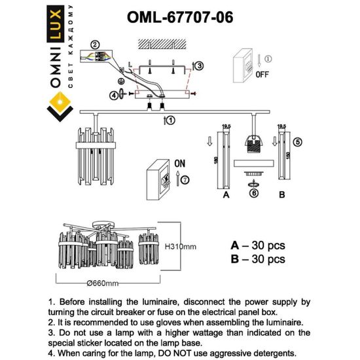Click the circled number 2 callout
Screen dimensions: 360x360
click(x=96, y=45)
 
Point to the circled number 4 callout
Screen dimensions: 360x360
click(x=114, y=96)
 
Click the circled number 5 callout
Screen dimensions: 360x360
click(x=298, y=141)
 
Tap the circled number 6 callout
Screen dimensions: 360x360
click(x=253, y=185)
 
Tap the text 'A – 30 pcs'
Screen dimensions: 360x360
click(x=258, y=245)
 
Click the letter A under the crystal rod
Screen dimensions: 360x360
click(x=225, y=194)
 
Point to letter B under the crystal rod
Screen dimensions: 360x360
click(x=281, y=194)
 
